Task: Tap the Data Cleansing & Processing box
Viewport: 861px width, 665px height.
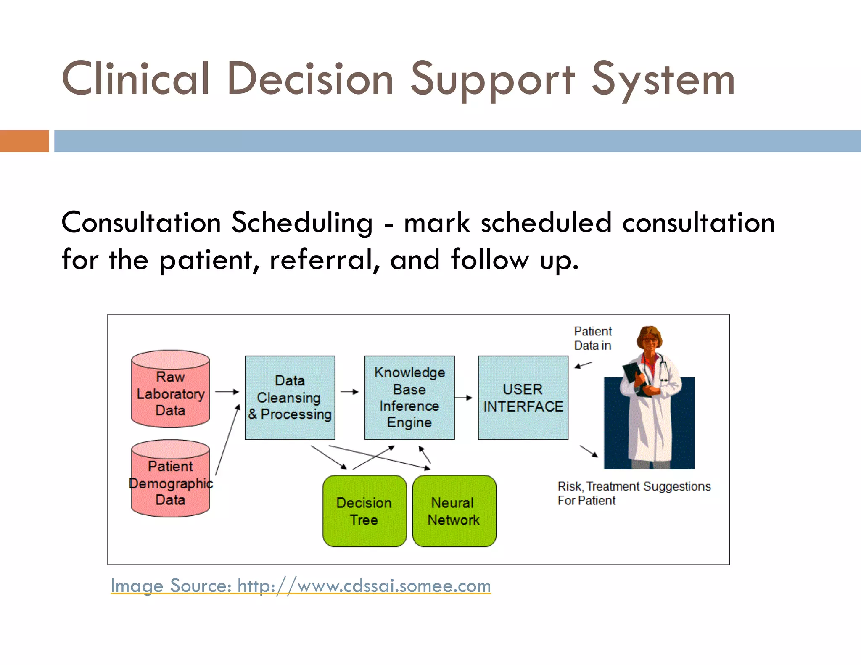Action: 290,398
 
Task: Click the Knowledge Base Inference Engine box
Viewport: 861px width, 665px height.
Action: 409,398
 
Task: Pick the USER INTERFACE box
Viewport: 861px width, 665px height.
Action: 523,398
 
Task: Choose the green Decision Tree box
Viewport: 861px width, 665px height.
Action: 364,511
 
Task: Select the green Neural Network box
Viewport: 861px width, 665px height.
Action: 454,511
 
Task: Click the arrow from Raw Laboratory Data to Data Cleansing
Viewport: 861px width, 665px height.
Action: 227,392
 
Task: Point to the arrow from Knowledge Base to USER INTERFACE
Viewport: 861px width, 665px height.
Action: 464,398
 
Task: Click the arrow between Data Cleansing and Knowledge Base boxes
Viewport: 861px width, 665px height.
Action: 349,392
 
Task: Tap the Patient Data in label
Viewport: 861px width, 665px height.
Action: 593,338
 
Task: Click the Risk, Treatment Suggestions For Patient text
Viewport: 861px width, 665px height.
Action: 634,493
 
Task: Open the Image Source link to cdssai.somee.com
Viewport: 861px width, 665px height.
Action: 301,586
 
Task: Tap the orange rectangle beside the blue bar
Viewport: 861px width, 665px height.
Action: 24,141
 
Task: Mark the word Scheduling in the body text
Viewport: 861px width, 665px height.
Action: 301,222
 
